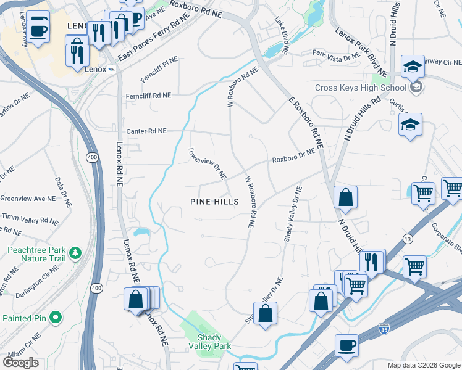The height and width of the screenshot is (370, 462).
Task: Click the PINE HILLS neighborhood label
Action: coord(214,202)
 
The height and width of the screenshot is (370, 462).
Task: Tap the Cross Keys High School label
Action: coord(351,88)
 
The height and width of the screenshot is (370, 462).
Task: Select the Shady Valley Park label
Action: coord(214,342)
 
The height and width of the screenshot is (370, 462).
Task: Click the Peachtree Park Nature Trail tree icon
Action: coord(75,252)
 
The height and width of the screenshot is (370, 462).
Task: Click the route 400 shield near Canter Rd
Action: coord(91,158)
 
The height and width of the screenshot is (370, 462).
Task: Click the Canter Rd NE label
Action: coord(146,131)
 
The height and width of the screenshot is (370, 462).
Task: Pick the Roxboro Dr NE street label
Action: coord(295,157)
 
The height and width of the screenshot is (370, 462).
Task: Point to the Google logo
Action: coord(20,363)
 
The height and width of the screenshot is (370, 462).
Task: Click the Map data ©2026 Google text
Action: coord(423,365)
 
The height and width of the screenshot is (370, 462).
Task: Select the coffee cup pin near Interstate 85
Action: coord(347,347)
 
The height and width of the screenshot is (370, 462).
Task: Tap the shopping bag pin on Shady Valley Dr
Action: coord(265,313)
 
